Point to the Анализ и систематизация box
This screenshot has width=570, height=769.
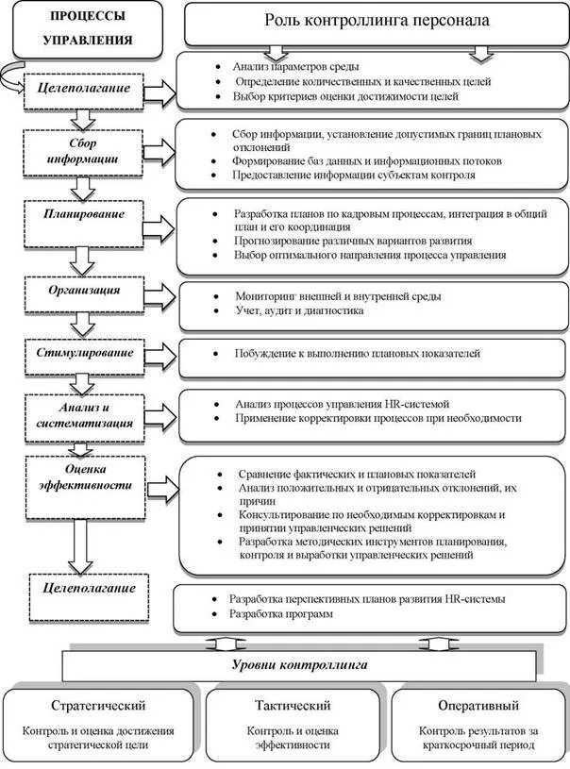tap(83, 413)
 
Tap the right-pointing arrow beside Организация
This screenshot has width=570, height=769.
tap(163, 292)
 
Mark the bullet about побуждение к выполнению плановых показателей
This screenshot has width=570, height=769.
tap(358, 354)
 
